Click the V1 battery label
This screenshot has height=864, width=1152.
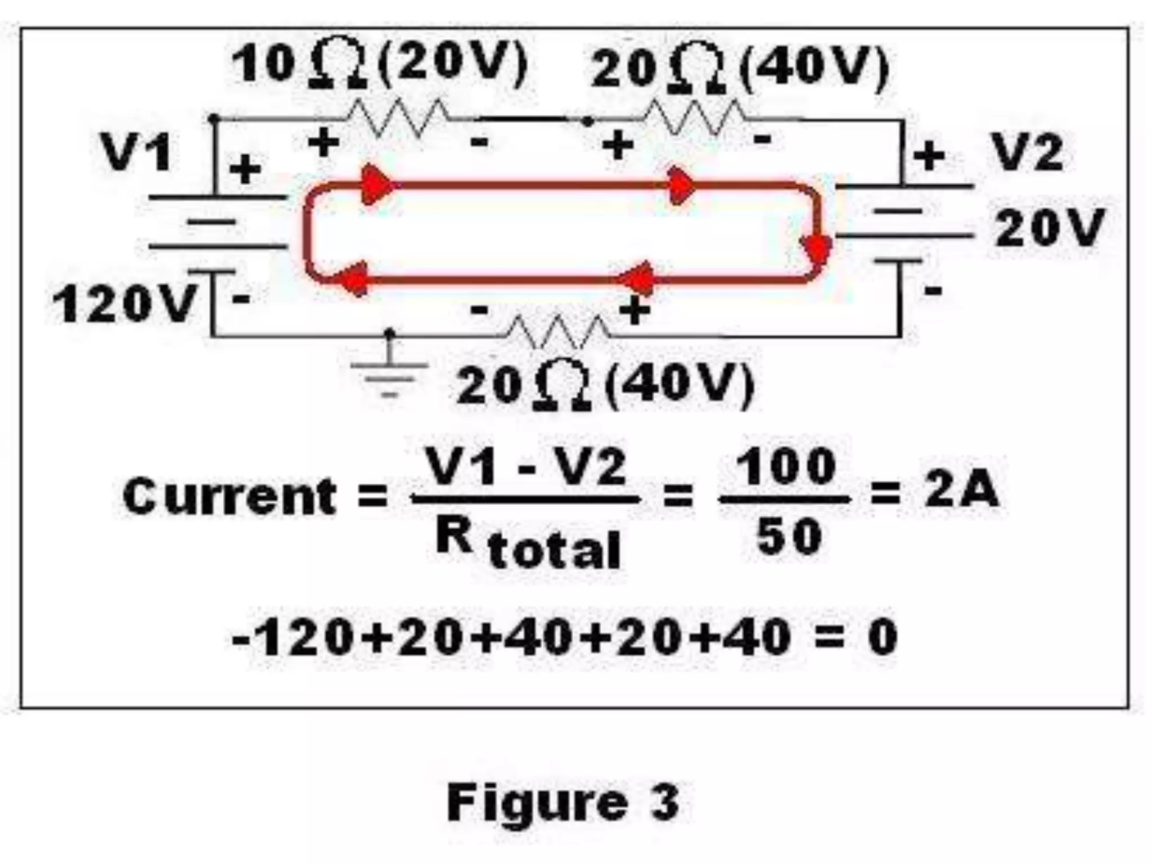pyautogui.click(x=137, y=152)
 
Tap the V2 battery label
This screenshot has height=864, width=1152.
pyautogui.click(x=1027, y=152)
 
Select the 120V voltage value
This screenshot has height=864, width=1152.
pyautogui.click(x=124, y=304)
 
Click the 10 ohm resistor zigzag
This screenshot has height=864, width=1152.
pyautogui.click(x=397, y=118)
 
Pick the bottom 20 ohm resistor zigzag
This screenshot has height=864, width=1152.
pyautogui.click(x=557, y=332)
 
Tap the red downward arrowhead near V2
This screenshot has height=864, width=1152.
pyautogui.click(x=816, y=250)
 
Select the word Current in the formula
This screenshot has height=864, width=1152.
pyautogui.click(x=229, y=496)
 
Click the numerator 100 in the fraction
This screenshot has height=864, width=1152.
pyautogui.click(x=786, y=467)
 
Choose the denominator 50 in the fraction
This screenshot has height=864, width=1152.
pyautogui.click(x=789, y=536)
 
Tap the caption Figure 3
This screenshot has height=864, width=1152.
pyautogui.click(x=563, y=802)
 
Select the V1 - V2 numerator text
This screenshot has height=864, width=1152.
pyautogui.click(x=525, y=466)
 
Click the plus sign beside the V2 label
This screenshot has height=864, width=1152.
pyautogui.click(x=929, y=155)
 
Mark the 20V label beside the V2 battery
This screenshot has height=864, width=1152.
pyautogui.click(x=1050, y=228)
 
